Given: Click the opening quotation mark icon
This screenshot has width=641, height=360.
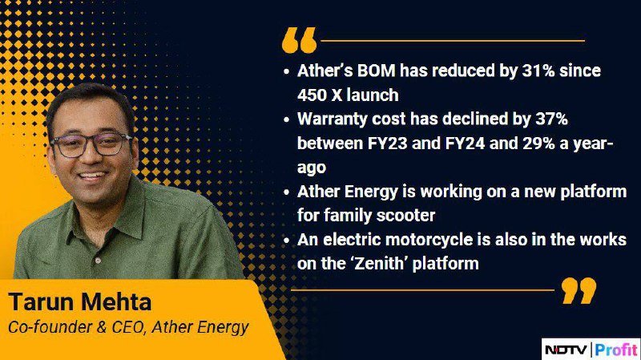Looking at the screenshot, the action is pos(299,40).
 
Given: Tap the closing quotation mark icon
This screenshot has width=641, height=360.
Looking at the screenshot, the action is pos(579,290).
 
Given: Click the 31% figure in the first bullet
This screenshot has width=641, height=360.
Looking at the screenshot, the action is pos(538,71).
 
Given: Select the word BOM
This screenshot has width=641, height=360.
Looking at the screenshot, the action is pos(376,71).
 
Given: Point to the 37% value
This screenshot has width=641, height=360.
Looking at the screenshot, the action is pos(551,119).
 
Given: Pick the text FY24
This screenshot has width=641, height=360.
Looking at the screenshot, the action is pos(465,144).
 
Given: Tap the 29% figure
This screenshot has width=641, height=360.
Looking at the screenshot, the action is pos(538,144).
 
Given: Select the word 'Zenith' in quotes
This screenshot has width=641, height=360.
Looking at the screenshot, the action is pos(379,264).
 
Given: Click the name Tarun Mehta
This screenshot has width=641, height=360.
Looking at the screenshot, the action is pos(80,302).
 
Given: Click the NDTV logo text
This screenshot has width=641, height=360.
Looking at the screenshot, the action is pos(566,350).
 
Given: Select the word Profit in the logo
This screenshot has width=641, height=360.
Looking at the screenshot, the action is pos(616,350).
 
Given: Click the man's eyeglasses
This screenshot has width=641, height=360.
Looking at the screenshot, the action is pos(91,145).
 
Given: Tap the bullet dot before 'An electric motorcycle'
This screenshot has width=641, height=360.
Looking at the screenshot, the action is pos(286,241).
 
